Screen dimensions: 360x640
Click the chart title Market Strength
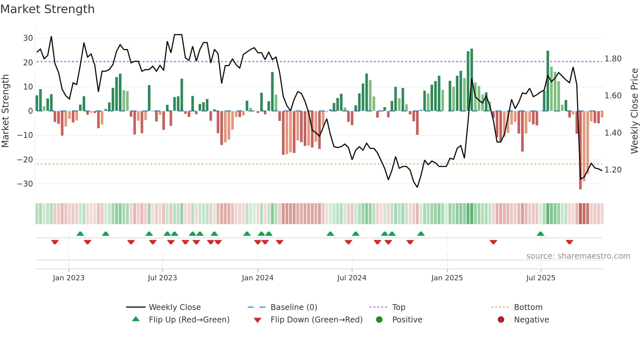(x=47, y=9)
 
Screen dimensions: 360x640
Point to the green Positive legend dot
(x=379, y=320)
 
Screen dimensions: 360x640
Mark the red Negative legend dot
(x=501, y=320)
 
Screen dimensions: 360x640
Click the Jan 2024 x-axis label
(x=258, y=278)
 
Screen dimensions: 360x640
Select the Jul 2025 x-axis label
(x=541, y=278)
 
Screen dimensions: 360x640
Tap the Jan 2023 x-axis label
(x=69, y=278)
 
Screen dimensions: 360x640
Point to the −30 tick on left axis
(x=25, y=184)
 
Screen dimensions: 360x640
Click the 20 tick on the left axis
(x=28, y=63)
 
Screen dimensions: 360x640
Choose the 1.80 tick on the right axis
(x=613, y=59)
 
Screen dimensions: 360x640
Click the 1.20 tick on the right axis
(x=613, y=170)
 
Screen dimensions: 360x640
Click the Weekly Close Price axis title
(x=634, y=111)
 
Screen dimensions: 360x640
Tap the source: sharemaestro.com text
(x=578, y=256)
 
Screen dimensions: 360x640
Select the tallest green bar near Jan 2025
(x=472, y=80)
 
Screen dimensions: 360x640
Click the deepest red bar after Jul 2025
(x=580, y=150)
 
